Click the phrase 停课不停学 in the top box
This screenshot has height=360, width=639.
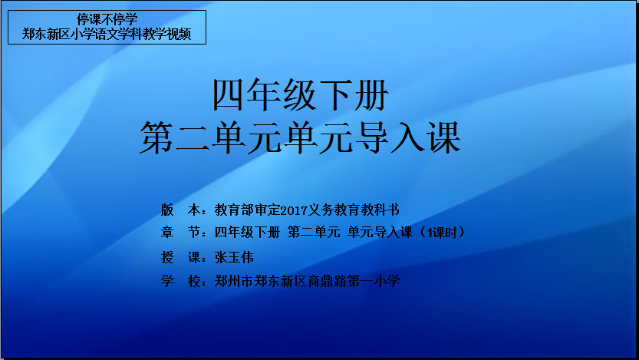coord(107,19)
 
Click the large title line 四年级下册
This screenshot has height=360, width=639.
coord(301,95)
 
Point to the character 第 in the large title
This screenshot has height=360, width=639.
coord(157,138)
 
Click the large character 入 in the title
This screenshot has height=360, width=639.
coord(407,138)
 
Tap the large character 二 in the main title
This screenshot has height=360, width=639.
coord(193,138)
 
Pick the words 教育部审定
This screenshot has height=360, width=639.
coord(248,210)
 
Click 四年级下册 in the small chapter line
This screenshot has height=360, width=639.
coord(247,233)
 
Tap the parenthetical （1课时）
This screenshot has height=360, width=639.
coord(442,233)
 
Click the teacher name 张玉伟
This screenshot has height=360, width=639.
coord(234,257)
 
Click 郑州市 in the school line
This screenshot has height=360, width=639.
coord(234,281)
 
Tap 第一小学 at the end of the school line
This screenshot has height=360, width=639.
coord(374,281)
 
